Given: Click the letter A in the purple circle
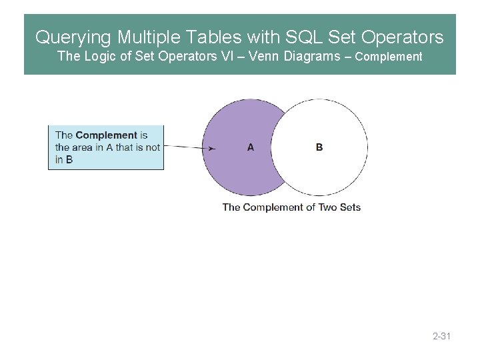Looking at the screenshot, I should coord(250,147).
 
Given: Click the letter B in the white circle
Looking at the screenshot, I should coord(319,147).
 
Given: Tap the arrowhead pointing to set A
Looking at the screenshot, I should coord(211,148).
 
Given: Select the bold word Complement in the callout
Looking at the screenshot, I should coord(106,135).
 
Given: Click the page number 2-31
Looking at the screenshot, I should coord(441,336).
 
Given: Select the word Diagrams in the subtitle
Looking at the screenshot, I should coord(311,56).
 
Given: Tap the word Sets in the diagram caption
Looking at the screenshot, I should coord(349,207).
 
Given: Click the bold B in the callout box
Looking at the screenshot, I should coord(69,159).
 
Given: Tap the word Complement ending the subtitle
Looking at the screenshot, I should coord(389,57).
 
